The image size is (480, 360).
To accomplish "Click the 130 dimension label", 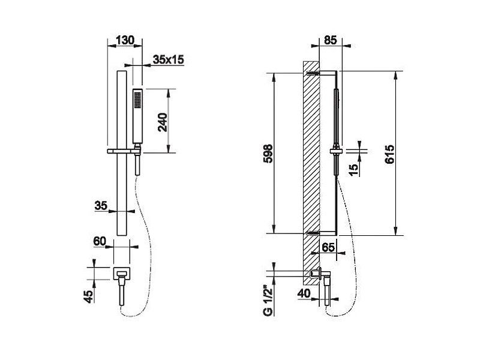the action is click(x=125, y=40).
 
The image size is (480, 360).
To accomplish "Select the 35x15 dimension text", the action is click(x=169, y=59).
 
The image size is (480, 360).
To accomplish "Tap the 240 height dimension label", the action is click(x=163, y=122).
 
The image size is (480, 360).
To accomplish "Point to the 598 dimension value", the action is click(x=268, y=154).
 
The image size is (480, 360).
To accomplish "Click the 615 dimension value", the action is click(x=389, y=154).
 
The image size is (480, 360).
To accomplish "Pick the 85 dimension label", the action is click(x=331, y=40).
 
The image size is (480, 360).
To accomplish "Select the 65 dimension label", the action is click(x=328, y=247).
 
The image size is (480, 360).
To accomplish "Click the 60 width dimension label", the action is click(x=100, y=241).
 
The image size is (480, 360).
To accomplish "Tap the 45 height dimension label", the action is click(x=88, y=296).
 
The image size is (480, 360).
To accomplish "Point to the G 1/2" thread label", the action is click(x=268, y=301).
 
